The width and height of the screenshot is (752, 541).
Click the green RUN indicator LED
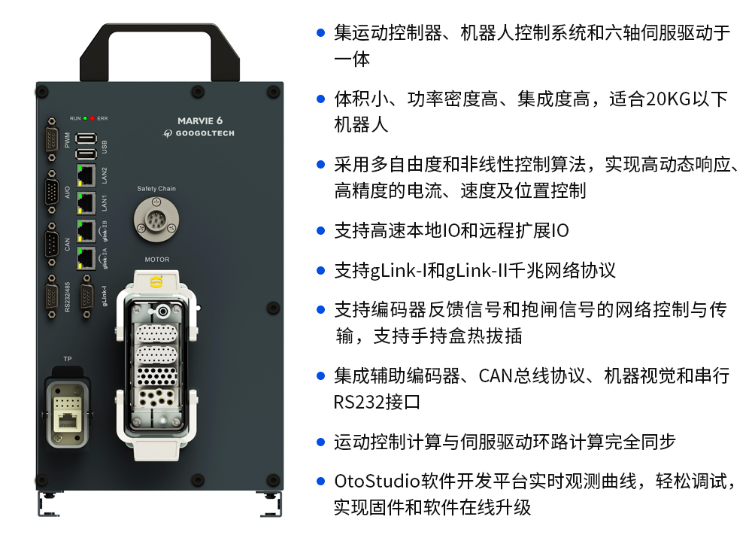pyautogui.click(x=86, y=118)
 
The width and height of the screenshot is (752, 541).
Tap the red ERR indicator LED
pyautogui.click(x=92, y=118)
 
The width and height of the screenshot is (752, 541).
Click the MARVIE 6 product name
pyautogui.click(x=200, y=121)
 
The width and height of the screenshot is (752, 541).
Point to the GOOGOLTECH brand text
pyautogui.click(x=205, y=133)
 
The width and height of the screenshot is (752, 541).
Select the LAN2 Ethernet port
pyautogui.click(x=86, y=175)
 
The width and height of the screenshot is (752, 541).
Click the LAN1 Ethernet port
pyautogui.click(x=86, y=203)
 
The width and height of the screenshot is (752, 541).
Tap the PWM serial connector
pyautogui.click(x=52, y=140)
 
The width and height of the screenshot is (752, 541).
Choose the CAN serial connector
pyautogui.click(x=52, y=245)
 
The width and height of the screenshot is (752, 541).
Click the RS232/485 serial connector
pyautogui.click(x=52, y=297)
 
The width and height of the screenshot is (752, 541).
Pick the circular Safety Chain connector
pyautogui.click(x=156, y=220)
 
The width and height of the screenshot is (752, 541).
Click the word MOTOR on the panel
pyautogui.click(x=157, y=260)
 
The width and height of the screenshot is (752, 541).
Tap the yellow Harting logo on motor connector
pyautogui.click(x=156, y=281)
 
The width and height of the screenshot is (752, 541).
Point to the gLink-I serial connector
pyautogui.click(x=86, y=296)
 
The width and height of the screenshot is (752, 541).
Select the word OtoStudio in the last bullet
pyautogui.click(x=377, y=481)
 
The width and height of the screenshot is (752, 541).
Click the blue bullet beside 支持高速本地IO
pyautogui.click(x=321, y=231)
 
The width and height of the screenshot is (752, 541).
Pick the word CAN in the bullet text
pyautogui.click(x=496, y=376)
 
